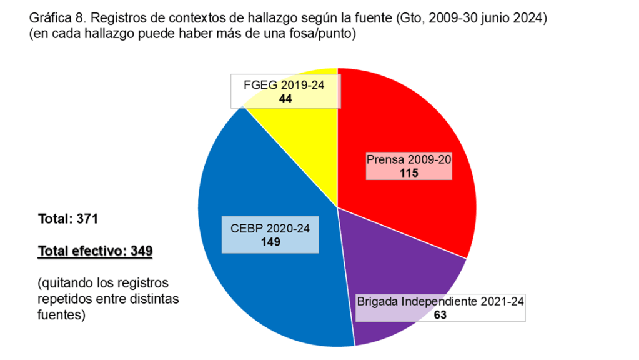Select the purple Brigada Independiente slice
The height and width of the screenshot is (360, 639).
(x=400, y=262)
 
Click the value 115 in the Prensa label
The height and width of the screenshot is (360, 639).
(x=409, y=173)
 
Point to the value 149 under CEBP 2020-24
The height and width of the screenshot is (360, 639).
(x=270, y=242)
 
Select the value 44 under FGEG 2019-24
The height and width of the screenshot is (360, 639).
(x=285, y=97)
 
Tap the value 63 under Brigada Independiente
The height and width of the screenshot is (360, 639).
(x=440, y=315)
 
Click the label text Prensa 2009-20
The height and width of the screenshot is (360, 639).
(x=409, y=159)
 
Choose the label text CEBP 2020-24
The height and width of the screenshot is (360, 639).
(x=270, y=229)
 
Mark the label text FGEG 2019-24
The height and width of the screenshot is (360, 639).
(x=285, y=84)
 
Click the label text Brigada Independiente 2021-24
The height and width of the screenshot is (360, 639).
(x=440, y=302)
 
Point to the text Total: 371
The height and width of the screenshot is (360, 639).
(x=68, y=219)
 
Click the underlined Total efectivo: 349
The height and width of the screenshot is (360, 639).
(x=96, y=251)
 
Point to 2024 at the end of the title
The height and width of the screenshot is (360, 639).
(x=530, y=19)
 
